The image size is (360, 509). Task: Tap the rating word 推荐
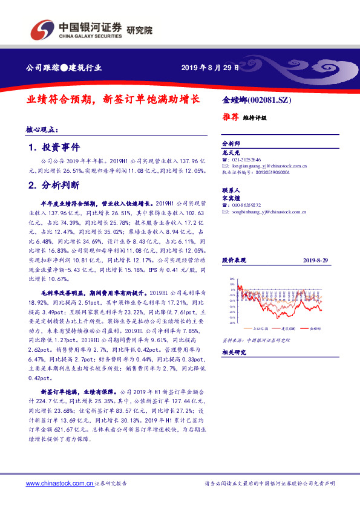[231, 117]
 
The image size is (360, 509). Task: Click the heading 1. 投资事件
[54, 148]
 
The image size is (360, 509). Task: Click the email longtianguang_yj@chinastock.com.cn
[270, 165]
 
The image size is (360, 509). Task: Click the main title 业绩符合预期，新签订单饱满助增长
[113, 99]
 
